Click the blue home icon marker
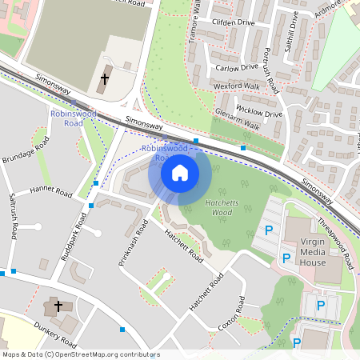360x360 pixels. click(179, 172)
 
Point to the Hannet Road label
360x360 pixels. click(50, 192)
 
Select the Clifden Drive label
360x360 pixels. click(234, 23)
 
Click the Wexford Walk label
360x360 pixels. click(238, 85)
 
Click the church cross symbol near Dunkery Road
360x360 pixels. click(58, 306)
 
